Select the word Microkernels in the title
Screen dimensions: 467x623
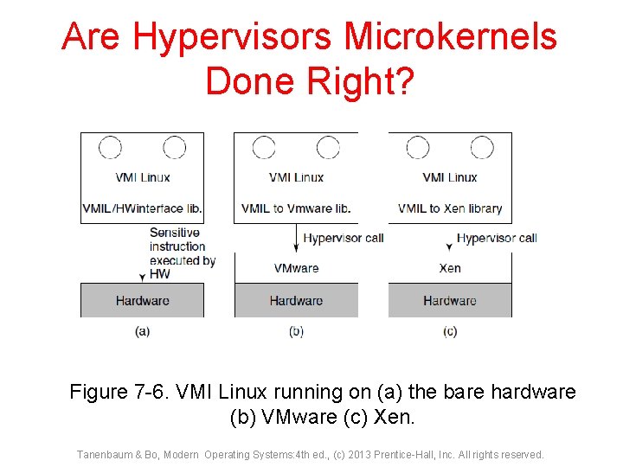point(451,37)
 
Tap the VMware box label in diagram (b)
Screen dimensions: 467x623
point(296,268)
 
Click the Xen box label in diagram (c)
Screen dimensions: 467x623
point(450,268)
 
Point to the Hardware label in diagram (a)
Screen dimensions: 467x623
point(143,301)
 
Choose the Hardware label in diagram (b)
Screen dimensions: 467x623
point(296,301)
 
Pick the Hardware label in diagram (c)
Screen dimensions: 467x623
point(450,301)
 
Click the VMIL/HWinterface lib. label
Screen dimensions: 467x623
point(143,208)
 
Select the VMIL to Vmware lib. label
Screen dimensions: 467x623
point(296,208)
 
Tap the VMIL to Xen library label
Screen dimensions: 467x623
point(450,208)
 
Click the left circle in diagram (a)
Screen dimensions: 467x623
point(111,149)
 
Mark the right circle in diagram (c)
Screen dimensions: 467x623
point(482,149)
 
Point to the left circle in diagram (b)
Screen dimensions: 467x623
point(264,149)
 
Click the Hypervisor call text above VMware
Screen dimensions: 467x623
point(344,238)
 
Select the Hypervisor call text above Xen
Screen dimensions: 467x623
point(497,238)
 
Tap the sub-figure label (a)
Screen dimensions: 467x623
point(143,332)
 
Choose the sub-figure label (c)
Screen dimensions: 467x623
point(450,332)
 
